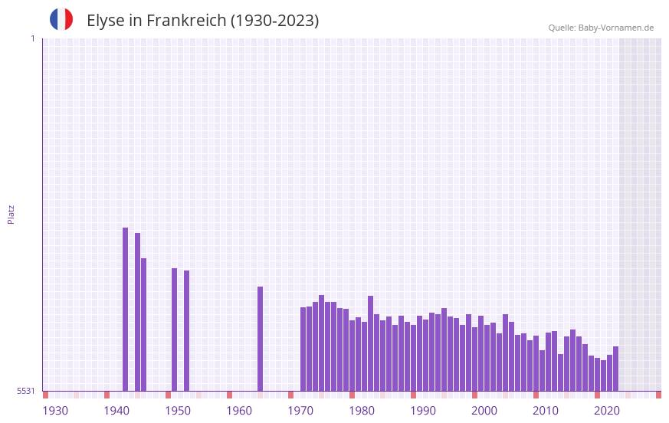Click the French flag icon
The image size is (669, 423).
(61, 19)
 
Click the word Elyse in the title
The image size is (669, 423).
(105, 21)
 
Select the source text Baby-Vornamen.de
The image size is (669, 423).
(615, 28)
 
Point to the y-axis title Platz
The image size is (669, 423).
(11, 214)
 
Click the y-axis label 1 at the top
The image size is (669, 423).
(32, 38)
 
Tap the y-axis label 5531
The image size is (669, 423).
(26, 391)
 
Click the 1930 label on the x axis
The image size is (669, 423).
(55, 411)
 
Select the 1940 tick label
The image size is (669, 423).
(116, 411)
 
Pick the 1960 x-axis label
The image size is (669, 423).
(239, 411)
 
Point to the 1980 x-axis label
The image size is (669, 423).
(362, 411)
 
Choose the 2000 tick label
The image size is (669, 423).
(484, 411)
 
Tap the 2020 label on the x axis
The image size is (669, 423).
(607, 411)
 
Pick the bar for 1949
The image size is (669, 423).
(175, 330)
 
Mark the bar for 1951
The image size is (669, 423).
(187, 330)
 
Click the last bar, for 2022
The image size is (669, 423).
(616, 369)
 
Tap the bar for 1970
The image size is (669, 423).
(303, 349)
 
